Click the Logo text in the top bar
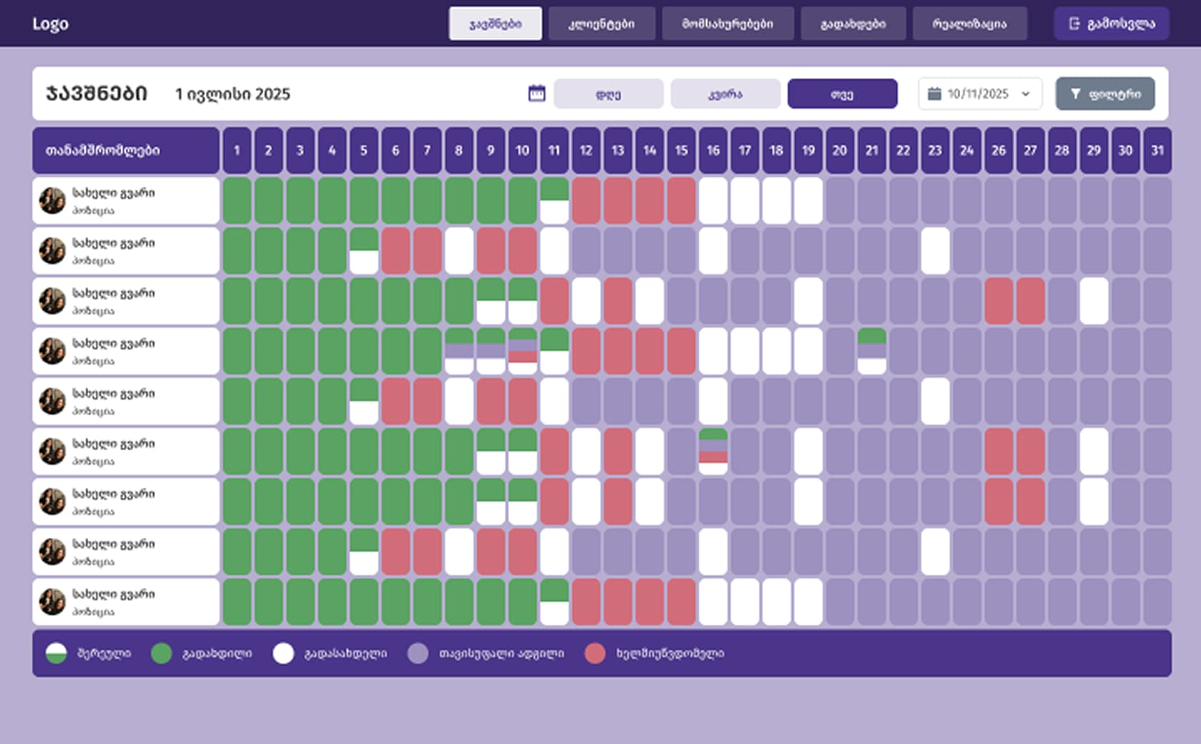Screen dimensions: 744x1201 (x=50, y=24)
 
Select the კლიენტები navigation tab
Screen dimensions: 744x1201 (x=601, y=24)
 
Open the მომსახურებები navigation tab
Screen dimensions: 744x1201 (x=728, y=24)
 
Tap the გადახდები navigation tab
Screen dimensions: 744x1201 (x=853, y=24)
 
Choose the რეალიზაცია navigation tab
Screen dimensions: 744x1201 (x=969, y=24)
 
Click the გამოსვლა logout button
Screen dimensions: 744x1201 (x=1112, y=24)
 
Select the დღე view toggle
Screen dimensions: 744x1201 (x=608, y=94)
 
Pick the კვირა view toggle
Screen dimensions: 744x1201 (x=725, y=94)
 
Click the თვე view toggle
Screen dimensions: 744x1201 (x=842, y=94)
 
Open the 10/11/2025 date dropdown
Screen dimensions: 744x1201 (x=979, y=94)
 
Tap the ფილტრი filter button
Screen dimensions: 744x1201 (x=1104, y=94)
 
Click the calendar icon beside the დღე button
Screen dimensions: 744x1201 (x=536, y=94)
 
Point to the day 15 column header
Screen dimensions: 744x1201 (x=681, y=150)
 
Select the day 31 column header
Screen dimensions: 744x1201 (x=1157, y=150)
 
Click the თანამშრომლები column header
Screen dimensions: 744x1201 (x=126, y=150)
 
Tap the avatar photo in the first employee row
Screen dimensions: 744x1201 (x=52, y=201)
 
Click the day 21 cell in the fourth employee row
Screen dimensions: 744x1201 (x=871, y=351)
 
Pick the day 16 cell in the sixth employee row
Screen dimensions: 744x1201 (x=713, y=451)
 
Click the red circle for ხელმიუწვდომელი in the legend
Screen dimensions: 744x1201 (x=595, y=653)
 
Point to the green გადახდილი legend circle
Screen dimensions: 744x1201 (x=162, y=653)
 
